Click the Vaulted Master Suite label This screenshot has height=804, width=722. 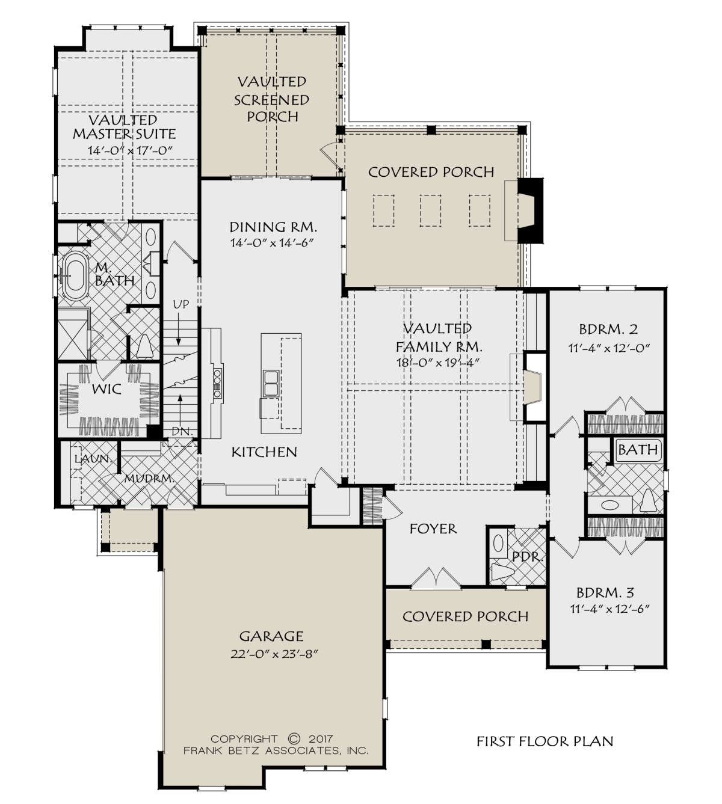coord(124,127)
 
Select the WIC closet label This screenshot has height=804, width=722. coord(107,389)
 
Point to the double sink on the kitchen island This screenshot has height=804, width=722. coord(271,383)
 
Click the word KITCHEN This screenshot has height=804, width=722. coord(264,452)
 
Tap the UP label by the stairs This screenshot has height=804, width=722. coord(180,305)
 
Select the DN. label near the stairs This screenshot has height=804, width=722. coord(182,432)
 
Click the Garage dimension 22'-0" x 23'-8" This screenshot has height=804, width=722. coord(274,654)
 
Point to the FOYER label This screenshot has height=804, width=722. coord(433,529)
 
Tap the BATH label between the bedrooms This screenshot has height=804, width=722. coord(638,450)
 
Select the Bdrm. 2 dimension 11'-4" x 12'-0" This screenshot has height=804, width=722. coord(608,348)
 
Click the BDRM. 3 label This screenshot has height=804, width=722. coord(605,593)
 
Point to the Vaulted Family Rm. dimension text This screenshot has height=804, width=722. coord(438,363)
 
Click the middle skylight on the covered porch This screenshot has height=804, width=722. coord(431,210)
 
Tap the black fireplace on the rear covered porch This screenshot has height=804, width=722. coord(530,210)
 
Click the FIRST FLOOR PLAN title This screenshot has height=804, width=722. coord(545,741)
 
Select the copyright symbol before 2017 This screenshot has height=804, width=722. coord(294,738)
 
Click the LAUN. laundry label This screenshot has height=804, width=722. coord(93,459)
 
